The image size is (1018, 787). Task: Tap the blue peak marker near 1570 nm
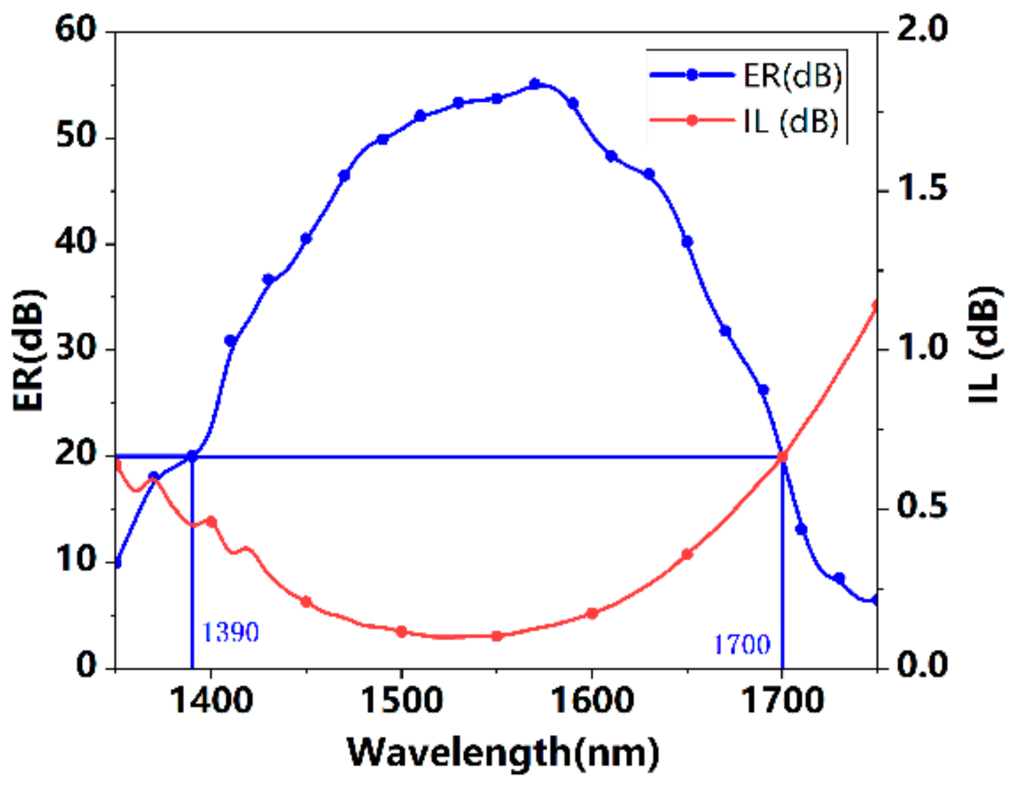click(x=535, y=84)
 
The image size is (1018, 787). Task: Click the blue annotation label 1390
click(x=230, y=632)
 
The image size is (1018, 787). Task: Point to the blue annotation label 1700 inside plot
click(x=742, y=645)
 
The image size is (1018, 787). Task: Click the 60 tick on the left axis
click(x=75, y=30)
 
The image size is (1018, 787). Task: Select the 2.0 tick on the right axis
click(x=922, y=30)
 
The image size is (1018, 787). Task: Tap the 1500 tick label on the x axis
click(x=401, y=700)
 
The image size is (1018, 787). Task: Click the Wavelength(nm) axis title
click(x=502, y=753)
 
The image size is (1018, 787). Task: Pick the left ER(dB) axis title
click(x=29, y=350)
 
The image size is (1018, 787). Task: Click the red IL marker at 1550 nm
click(x=497, y=635)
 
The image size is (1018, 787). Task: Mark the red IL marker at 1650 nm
click(x=687, y=554)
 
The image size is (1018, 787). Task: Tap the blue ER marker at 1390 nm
click(x=192, y=456)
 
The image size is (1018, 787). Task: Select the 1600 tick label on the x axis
click(x=592, y=700)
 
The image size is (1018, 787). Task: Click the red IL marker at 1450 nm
click(x=306, y=602)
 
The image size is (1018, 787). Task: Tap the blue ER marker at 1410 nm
click(x=230, y=341)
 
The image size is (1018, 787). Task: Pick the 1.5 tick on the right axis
click(x=922, y=189)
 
